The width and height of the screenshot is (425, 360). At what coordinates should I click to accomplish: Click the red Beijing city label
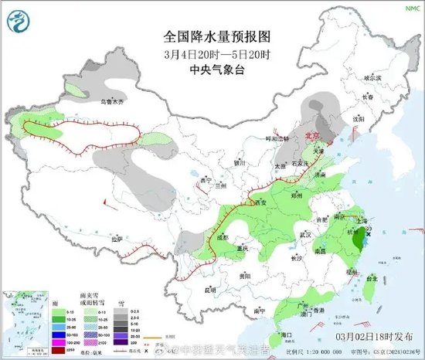313,134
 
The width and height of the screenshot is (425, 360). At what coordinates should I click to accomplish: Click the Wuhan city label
307,233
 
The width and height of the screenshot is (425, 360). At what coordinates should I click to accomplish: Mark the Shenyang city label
357,120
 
